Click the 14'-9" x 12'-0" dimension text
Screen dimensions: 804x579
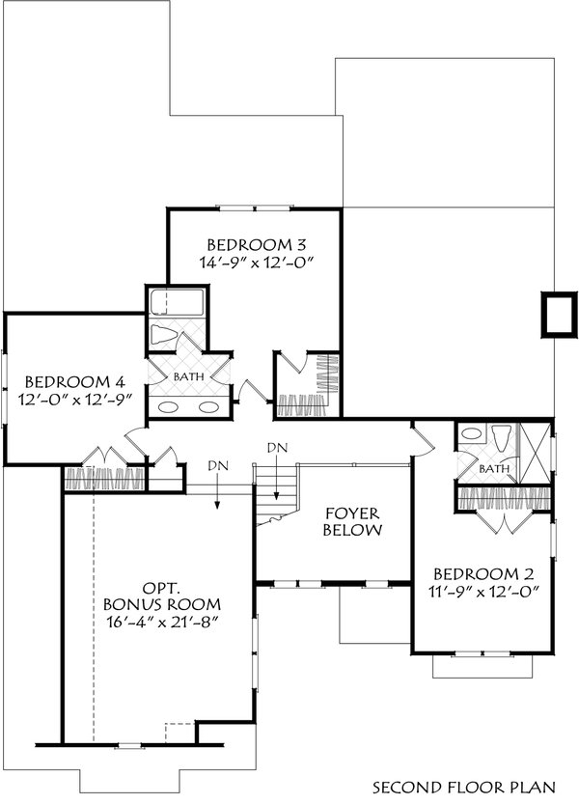click(257, 262)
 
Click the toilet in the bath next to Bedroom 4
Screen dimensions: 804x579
click(166, 337)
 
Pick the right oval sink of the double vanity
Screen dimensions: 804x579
click(208, 406)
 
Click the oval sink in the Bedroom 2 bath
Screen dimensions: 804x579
click(470, 434)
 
